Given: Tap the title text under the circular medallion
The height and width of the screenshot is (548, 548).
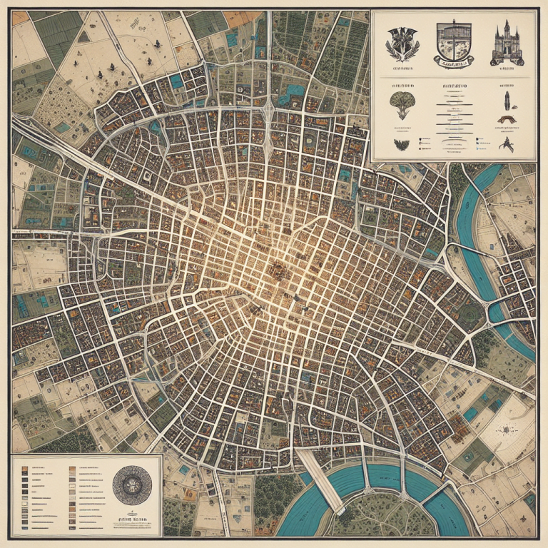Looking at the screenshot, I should coord(133,515).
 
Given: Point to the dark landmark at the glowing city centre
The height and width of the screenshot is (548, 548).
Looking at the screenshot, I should coord(277,270).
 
